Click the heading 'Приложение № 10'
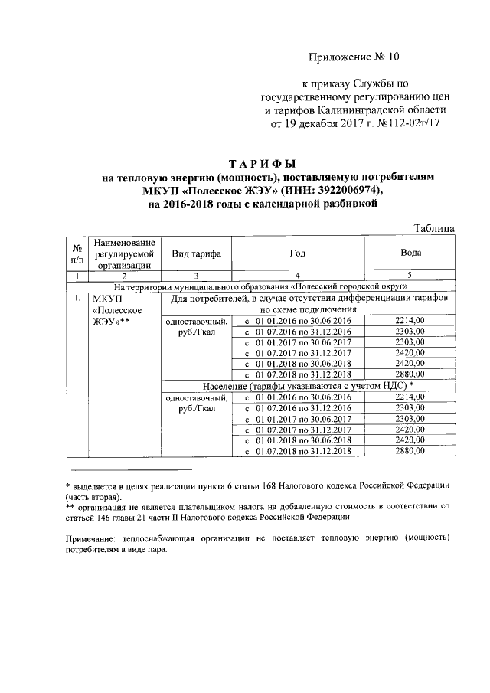[x=354, y=57]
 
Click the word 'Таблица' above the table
[x=433, y=227]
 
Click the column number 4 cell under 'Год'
[x=297, y=275]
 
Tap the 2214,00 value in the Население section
[x=410, y=397]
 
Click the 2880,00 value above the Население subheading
[x=410, y=374]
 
